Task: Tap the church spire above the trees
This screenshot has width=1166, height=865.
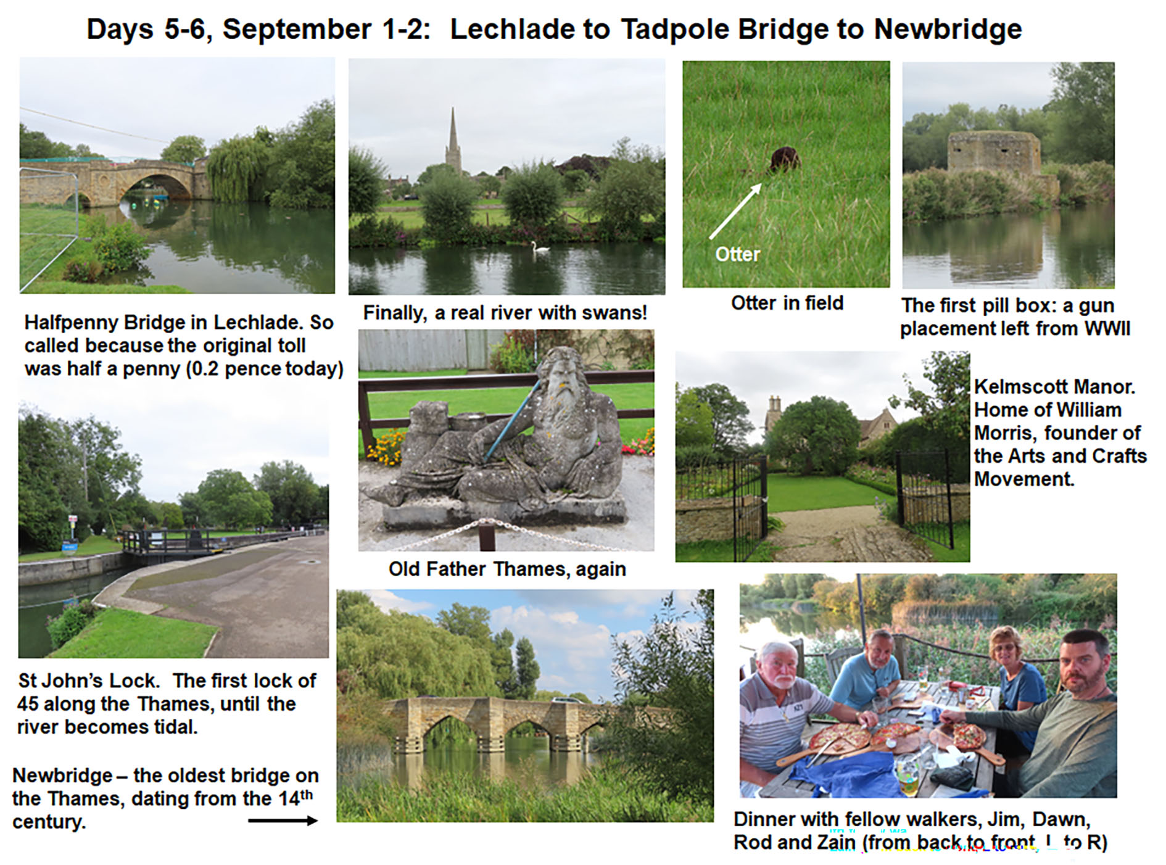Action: [x=453, y=139]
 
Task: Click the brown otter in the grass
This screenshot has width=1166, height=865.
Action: [x=785, y=159]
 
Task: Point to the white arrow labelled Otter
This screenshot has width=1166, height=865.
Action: [x=735, y=211]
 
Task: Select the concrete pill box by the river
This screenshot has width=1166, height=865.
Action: [x=994, y=152]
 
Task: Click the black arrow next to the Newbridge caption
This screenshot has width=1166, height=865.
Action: [x=283, y=820]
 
